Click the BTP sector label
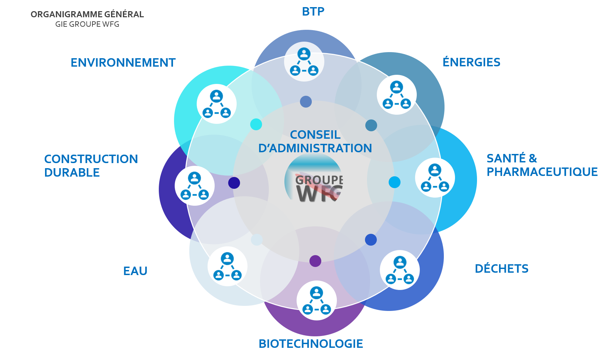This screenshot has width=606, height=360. click(x=313, y=12)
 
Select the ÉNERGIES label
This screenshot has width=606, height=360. click(x=471, y=62)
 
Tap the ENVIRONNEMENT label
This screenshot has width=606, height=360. click(x=123, y=63)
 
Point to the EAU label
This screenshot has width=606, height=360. click(x=135, y=271)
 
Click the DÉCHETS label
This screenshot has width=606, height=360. click(x=501, y=268)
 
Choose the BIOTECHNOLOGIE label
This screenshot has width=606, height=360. click(x=311, y=344)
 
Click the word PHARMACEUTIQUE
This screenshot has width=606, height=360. click(x=542, y=172)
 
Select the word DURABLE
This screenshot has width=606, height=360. click(x=72, y=173)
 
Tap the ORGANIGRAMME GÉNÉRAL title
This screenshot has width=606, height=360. click(x=87, y=14)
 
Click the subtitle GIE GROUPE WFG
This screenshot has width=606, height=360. click(x=87, y=24)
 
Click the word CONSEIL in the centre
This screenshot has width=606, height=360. click(x=315, y=135)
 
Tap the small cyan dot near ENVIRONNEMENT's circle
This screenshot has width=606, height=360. click(x=256, y=124)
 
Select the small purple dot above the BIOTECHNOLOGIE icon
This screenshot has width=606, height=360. click(x=315, y=261)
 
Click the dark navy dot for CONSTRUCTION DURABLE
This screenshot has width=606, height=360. click(x=234, y=183)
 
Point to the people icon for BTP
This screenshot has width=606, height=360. click(x=304, y=62)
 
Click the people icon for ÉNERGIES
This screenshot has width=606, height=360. click(x=396, y=95)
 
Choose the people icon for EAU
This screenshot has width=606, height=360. click(x=227, y=266)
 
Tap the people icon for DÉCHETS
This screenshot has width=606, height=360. click(x=400, y=270)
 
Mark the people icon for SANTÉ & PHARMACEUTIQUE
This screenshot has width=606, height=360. click(x=435, y=178)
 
